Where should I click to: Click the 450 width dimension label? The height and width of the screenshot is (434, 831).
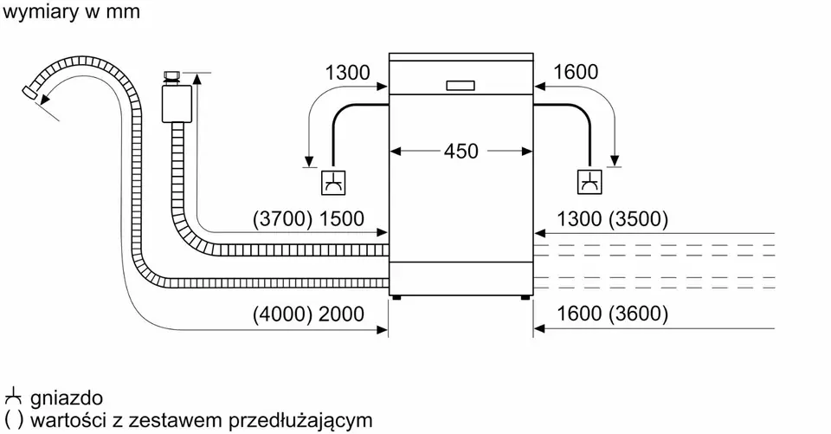(x=461, y=152)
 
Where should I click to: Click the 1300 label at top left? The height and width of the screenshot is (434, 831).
(x=347, y=73)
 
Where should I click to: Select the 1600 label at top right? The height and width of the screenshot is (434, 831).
(x=576, y=72)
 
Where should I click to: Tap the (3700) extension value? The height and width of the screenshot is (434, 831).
(x=282, y=219)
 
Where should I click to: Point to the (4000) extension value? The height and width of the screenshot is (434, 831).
(x=282, y=314)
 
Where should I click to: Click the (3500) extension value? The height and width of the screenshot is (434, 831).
(x=638, y=219)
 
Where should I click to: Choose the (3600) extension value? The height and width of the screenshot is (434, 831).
(x=638, y=314)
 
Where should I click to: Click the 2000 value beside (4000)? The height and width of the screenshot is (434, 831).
(x=341, y=314)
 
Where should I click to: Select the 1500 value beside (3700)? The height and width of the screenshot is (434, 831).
(x=341, y=219)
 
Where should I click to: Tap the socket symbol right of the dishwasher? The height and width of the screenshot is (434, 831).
(x=589, y=182)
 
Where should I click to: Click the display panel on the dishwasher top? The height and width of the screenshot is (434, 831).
(x=461, y=86)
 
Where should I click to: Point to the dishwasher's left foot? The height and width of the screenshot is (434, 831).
(x=396, y=297)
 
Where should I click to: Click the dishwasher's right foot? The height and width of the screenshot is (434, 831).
(x=525, y=297)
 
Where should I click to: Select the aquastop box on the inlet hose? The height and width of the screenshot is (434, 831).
(x=177, y=104)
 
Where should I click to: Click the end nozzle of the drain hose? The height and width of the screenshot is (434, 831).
(x=29, y=91)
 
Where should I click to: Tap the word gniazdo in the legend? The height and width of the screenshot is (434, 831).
(x=67, y=398)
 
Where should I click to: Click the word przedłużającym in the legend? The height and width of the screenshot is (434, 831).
(x=300, y=421)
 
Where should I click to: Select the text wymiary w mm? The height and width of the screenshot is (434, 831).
(x=71, y=12)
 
